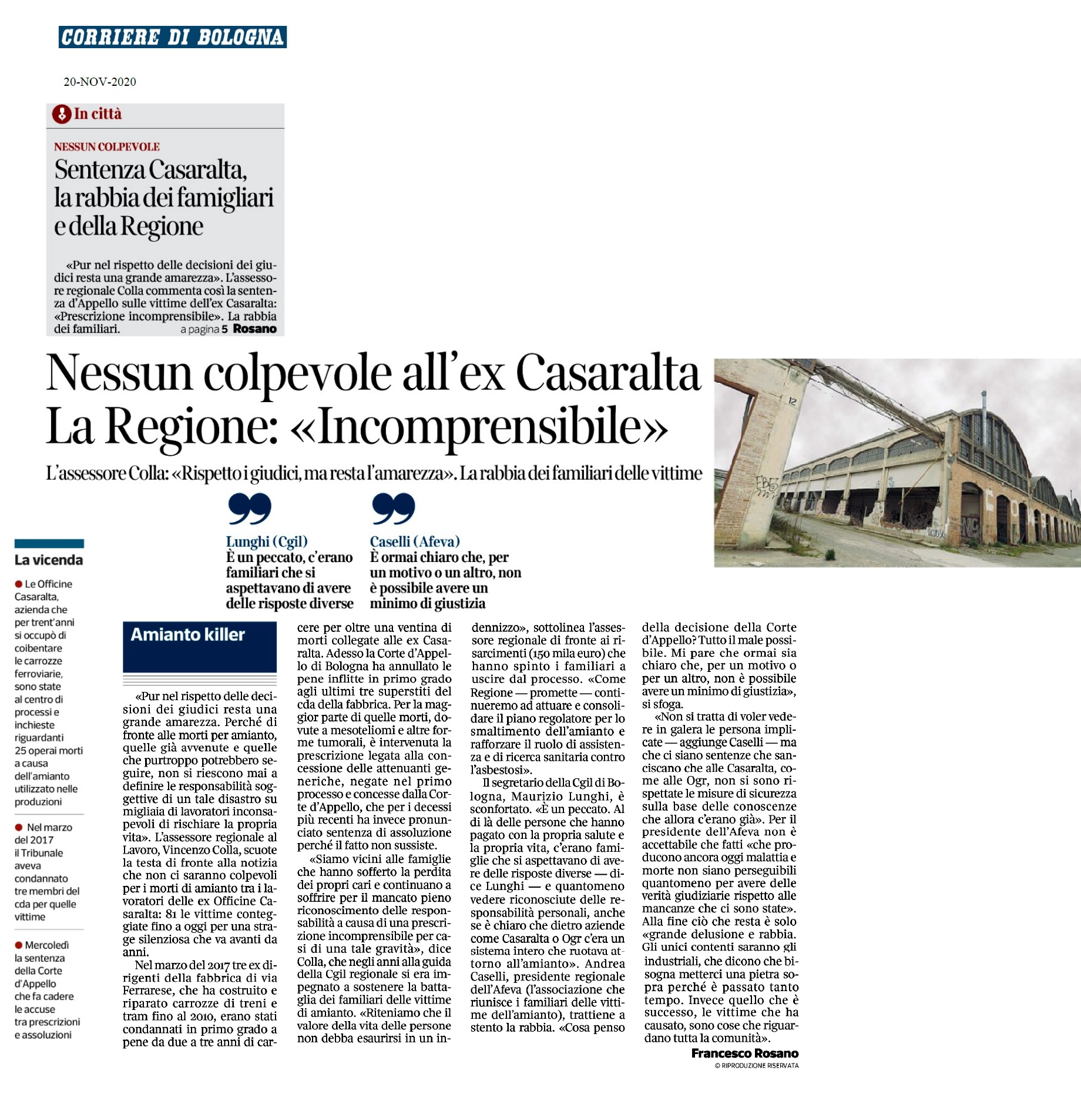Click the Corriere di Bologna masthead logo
(172, 37)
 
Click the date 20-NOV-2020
(100, 82)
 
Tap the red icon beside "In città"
(61, 114)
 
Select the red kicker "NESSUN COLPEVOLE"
(107, 147)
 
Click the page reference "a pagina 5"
(204, 329)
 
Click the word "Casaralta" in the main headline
(608, 373)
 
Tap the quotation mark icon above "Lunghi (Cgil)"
(250, 509)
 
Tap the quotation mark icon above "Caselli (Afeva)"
(394, 509)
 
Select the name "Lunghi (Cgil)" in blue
(267, 541)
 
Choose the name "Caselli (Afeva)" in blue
(415, 541)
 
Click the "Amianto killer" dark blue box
(200, 646)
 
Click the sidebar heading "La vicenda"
(49, 560)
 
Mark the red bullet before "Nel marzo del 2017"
(19, 827)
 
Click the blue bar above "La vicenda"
(49, 543)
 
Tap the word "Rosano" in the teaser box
(254, 329)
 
